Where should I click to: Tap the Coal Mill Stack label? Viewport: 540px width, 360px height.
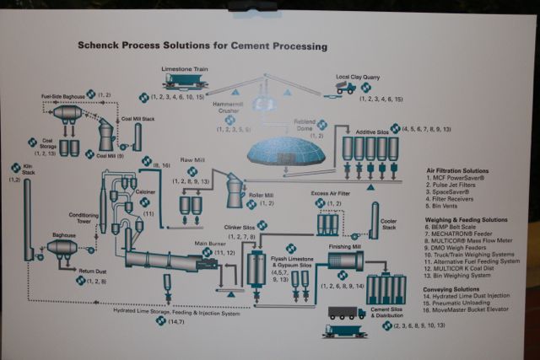(138, 121)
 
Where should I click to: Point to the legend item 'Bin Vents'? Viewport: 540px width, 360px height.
(447, 205)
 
